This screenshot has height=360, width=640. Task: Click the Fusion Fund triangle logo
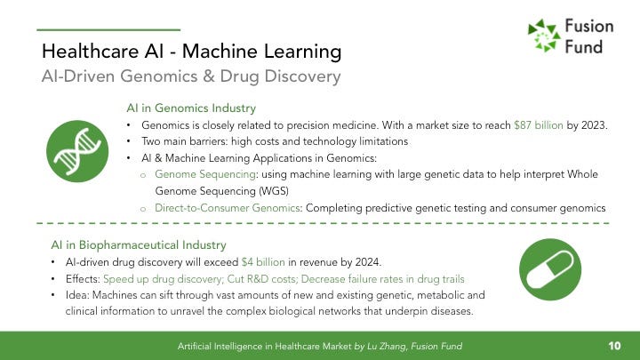(x=544, y=36)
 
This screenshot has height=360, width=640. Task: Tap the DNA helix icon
(x=77, y=151)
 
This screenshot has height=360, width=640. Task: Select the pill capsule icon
(x=550, y=269)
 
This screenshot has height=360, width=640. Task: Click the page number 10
(x=614, y=346)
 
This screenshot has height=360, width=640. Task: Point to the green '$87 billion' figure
(x=539, y=125)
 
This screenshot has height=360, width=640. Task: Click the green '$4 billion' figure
(x=263, y=262)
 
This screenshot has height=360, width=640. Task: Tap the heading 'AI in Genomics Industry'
(x=191, y=108)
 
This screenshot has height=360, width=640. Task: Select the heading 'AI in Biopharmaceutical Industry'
(x=139, y=245)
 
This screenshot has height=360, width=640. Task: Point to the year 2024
(x=368, y=262)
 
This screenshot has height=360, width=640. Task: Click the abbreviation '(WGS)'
(x=274, y=191)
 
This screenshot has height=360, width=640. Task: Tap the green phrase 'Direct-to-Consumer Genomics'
(x=228, y=208)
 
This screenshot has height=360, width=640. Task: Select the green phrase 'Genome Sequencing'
(x=205, y=175)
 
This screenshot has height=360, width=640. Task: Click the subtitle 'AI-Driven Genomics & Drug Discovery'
(x=191, y=76)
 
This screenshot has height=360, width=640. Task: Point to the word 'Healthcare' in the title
(x=90, y=52)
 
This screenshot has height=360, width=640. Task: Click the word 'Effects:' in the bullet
(x=83, y=279)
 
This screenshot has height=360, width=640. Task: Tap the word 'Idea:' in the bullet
(x=77, y=295)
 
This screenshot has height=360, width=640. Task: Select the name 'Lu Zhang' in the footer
(x=387, y=347)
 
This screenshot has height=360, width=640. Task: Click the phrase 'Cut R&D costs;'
(x=262, y=279)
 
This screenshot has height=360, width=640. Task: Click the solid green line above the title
(x=108, y=30)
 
